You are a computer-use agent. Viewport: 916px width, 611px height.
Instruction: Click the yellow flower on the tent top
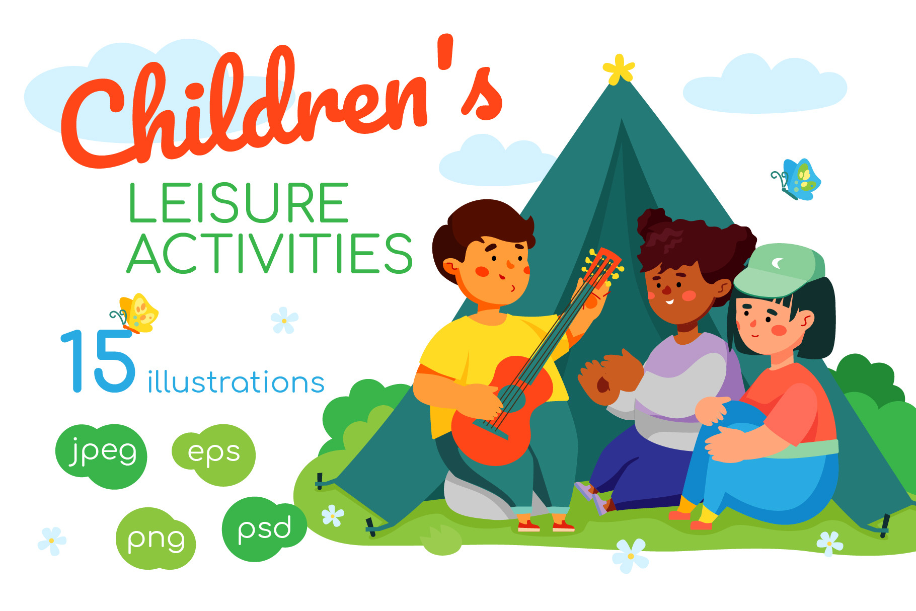coord(619,69)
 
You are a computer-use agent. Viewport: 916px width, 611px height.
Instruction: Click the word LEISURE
coord(239,203)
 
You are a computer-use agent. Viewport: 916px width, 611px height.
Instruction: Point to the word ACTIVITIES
coord(270,253)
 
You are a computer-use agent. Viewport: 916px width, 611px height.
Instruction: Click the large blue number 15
coord(99,361)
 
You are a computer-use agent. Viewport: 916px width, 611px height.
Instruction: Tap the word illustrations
coord(236,382)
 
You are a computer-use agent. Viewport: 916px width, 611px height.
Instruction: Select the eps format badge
coord(214,454)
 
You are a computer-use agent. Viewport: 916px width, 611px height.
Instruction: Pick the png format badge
coord(156,539)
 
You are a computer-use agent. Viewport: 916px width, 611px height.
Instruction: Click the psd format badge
coord(264,528)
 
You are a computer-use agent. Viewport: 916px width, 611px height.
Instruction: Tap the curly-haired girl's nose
coord(666,290)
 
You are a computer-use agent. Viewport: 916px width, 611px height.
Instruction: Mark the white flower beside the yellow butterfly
coord(284,320)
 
